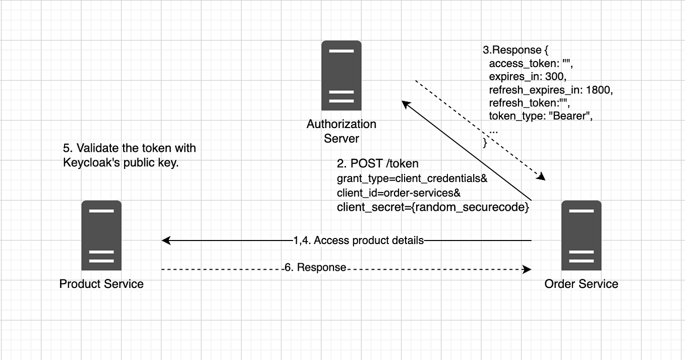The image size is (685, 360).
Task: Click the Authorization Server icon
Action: click(341, 76)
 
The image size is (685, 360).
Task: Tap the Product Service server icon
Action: click(101, 235)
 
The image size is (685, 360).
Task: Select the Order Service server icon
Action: click(581, 235)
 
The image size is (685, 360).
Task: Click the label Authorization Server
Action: click(341, 131)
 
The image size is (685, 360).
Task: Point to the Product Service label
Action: click(101, 284)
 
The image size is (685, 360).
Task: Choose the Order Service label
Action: click(581, 284)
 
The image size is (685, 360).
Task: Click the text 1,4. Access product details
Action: click(359, 241)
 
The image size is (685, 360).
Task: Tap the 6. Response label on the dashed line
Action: click(316, 268)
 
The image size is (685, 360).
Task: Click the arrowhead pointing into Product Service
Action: click(165, 241)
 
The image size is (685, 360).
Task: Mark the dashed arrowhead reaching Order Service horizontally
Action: click(528, 270)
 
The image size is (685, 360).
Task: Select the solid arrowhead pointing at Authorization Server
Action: click(405, 103)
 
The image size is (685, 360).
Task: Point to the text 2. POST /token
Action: click(378, 164)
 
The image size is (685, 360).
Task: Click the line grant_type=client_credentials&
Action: click(412, 179)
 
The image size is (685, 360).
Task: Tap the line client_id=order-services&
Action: click(398, 193)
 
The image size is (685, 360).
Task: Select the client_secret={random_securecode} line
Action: click(433, 207)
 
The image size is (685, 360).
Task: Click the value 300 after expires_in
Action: click(556, 77)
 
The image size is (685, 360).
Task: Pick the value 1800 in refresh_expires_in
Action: click(599, 90)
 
